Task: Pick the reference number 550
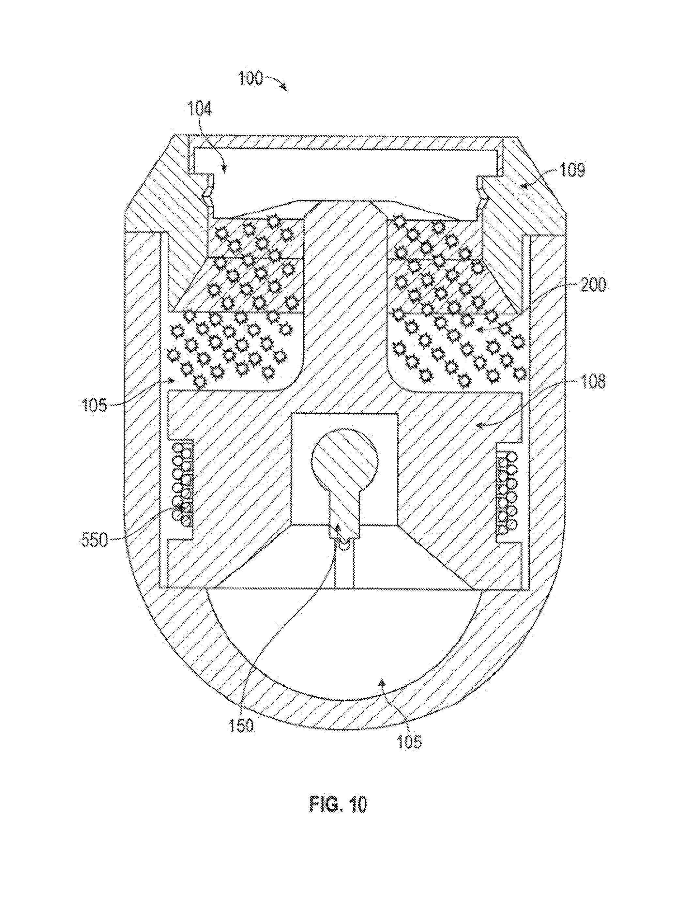point(94,540)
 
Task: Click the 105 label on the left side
point(94,405)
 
